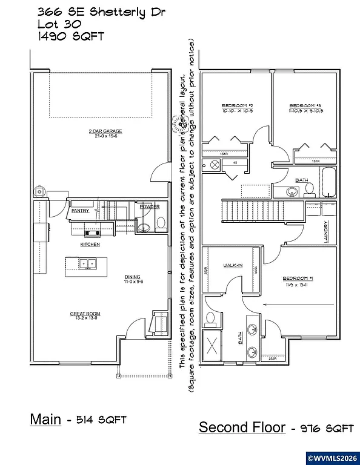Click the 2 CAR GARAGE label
click(x=105, y=131)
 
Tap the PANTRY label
click(x=81, y=211)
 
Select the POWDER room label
click(x=149, y=207)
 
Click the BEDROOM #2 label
click(x=233, y=105)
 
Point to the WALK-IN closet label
click(x=233, y=265)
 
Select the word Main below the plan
click(x=45, y=419)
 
